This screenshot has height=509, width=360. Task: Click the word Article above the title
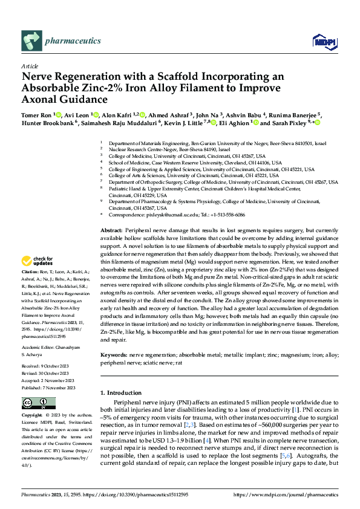(x=29, y=66)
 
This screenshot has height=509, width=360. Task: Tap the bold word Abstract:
(x=112, y=232)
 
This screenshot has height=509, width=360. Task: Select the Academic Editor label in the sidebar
(x=40, y=348)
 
